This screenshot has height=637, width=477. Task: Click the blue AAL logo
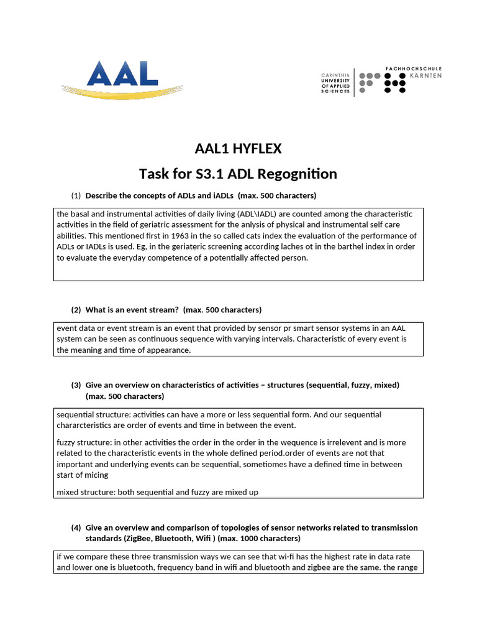point(122,75)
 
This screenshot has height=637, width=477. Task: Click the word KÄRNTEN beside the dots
point(426,75)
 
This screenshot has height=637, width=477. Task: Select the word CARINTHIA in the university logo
point(335,74)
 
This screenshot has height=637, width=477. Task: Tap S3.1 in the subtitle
point(215,174)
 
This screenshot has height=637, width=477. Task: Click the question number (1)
point(76,196)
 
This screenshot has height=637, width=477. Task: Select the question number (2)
point(76,310)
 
